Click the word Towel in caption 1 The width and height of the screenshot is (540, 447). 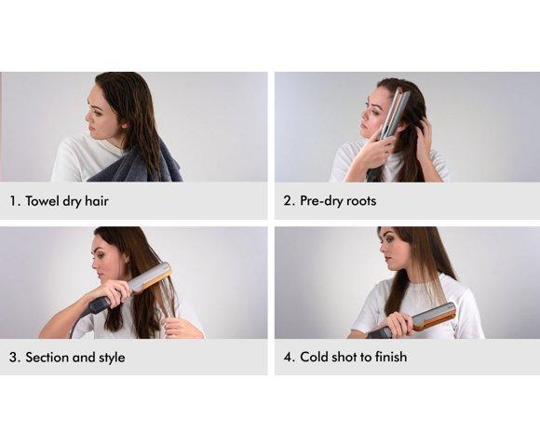(x=42, y=201)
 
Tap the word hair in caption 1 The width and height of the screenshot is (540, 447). (x=97, y=201)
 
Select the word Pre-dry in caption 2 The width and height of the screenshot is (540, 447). (x=321, y=200)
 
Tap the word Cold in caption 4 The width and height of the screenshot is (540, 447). (x=314, y=357)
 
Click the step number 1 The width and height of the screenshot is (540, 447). (x=13, y=201)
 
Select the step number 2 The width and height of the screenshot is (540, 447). (x=289, y=201)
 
